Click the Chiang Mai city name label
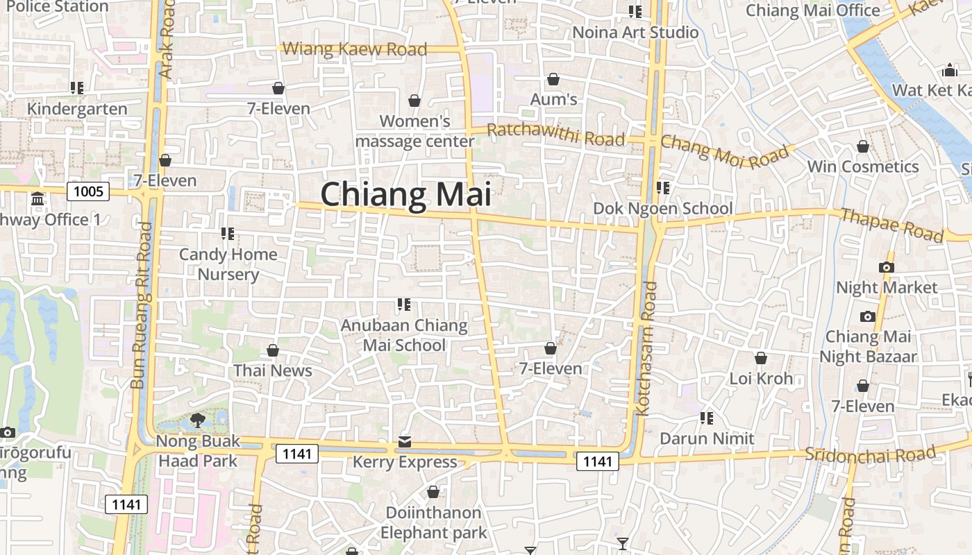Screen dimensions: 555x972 click(406, 194)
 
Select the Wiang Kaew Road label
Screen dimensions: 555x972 click(355, 49)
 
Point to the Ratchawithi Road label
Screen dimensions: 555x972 click(555, 134)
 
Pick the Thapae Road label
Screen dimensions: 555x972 click(892, 225)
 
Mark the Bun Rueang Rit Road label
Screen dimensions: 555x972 click(141, 305)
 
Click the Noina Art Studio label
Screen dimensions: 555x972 click(635, 32)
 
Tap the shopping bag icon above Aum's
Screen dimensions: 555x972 click(553, 80)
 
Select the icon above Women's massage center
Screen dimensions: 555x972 click(414, 101)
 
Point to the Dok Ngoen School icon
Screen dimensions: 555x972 click(663, 188)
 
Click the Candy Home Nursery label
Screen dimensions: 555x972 click(228, 264)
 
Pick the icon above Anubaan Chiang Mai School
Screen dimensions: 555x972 click(404, 304)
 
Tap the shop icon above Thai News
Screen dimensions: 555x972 click(273, 350)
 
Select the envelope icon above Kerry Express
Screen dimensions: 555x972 click(405, 442)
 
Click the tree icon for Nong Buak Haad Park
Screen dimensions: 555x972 click(198, 420)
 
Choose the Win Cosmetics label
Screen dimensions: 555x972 click(862, 166)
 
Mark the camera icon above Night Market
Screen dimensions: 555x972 click(886, 267)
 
